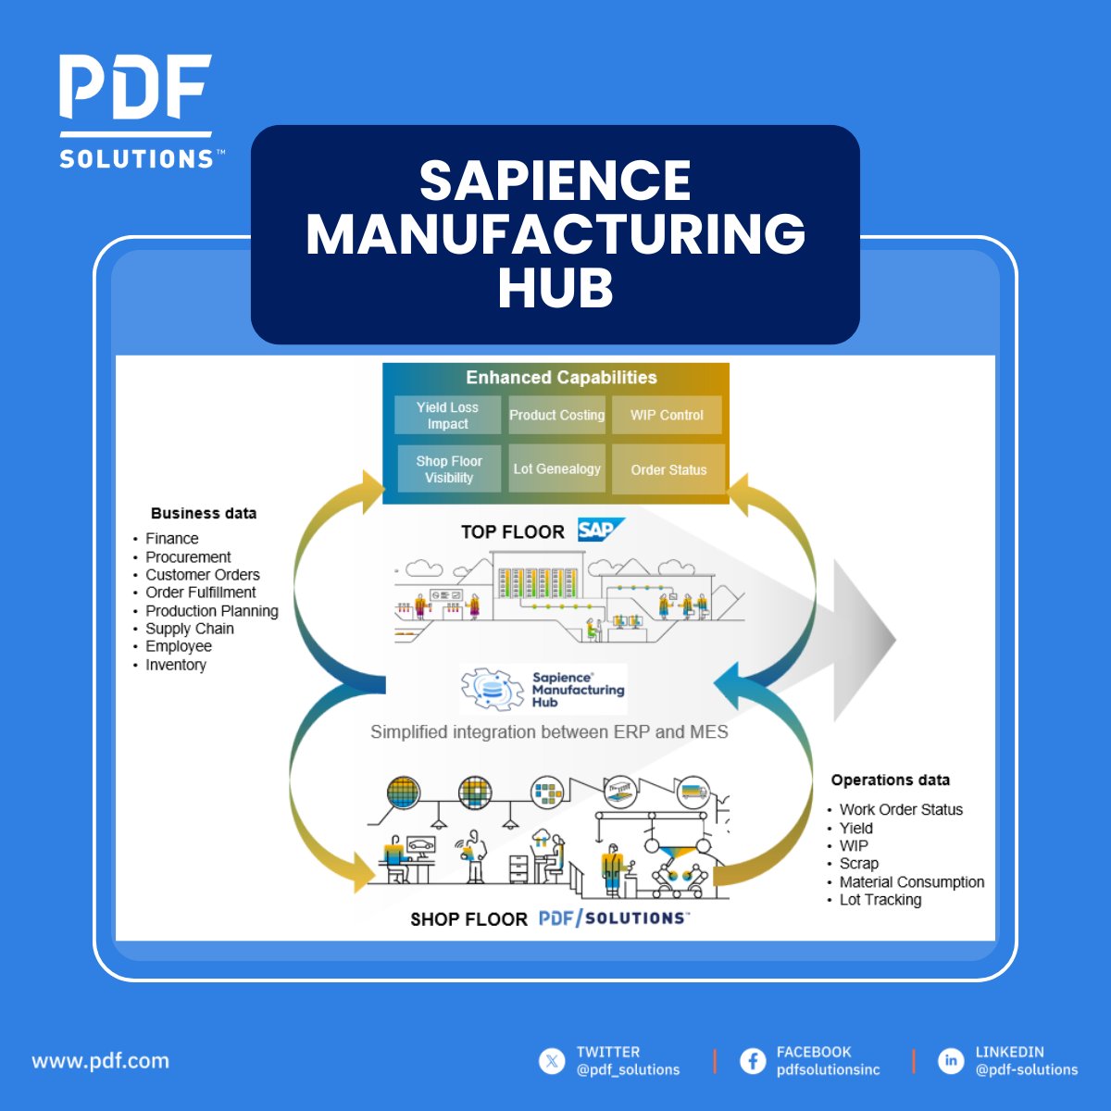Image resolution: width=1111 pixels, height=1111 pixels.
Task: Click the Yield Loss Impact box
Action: coord(447,415)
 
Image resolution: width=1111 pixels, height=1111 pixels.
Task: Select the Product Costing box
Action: coord(556,415)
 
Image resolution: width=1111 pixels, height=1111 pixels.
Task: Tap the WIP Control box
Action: coord(667,415)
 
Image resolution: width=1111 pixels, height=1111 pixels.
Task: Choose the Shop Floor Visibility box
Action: coord(449,468)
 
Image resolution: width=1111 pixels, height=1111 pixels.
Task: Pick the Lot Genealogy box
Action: coord(556,468)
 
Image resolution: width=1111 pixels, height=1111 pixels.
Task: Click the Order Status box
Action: coord(668,469)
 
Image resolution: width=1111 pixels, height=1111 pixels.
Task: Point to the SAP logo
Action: coord(600,530)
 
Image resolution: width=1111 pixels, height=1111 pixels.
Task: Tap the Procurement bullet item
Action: coord(188,556)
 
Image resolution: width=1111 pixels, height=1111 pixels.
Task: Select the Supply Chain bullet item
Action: coord(190,629)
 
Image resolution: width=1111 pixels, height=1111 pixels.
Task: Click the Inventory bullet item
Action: coord(176,665)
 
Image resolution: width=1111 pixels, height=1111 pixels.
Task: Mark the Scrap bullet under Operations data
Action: coord(858,863)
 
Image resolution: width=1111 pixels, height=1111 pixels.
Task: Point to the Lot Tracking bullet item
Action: coord(880,899)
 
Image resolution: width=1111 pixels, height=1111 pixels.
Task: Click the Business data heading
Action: coord(204,513)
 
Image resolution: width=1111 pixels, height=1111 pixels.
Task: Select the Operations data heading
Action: coord(890,780)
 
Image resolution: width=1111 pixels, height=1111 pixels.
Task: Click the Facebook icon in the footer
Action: coord(753,1061)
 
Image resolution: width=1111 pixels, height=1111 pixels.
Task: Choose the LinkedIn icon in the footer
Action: coord(951,1061)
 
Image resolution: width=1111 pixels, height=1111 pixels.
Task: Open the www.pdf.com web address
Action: coord(101,1060)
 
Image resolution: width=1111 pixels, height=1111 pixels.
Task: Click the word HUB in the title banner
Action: coord(555,286)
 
